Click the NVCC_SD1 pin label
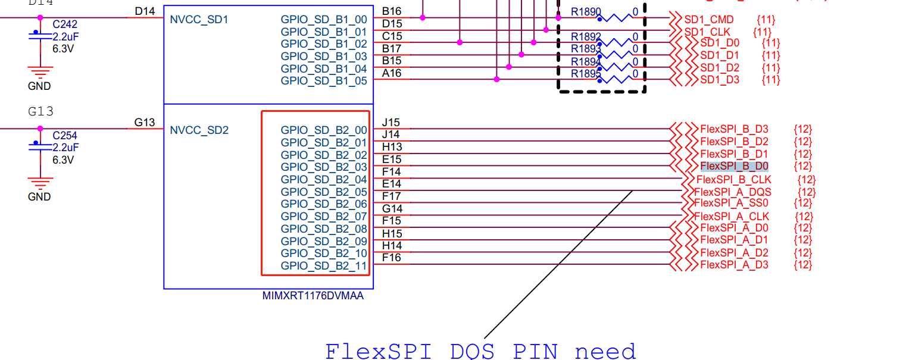(x=199, y=20)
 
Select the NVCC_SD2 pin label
(x=199, y=130)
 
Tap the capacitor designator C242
(x=65, y=25)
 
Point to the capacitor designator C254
(x=65, y=136)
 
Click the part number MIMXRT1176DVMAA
(x=313, y=296)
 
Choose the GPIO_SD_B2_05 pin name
(x=324, y=192)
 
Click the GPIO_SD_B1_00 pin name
(x=324, y=18)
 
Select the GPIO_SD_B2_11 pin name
(x=324, y=266)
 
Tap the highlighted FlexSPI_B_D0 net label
(x=734, y=166)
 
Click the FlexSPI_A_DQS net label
(x=732, y=192)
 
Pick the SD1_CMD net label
(x=709, y=20)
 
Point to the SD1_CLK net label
(x=707, y=32)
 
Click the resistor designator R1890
(x=586, y=11)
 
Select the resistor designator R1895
(x=586, y=74)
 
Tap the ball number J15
(x=391, y=123)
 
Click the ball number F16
(x=391, y=258)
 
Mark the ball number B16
(x=391, y=11)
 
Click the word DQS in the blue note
(x=473, y=351)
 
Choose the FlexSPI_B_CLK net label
(x=733, y=179)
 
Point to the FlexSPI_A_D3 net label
(x=734, y=265)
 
